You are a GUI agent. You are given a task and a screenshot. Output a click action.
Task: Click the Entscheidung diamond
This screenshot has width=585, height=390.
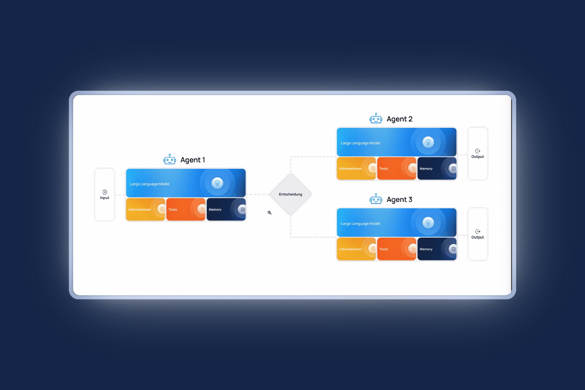[290, 194]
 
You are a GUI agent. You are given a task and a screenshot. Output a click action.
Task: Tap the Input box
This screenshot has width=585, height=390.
[105, 195]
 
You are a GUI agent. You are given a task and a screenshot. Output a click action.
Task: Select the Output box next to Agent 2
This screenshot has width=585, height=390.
[477, 154]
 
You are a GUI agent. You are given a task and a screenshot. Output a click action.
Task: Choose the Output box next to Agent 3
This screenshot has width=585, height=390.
[477, 234]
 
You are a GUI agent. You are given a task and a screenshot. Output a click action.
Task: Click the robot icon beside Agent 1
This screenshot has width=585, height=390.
[169, 159]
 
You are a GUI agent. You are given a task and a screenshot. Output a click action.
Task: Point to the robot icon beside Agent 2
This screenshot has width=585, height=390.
[376, 119]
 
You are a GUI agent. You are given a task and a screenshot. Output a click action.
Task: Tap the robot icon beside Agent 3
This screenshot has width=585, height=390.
[376, 199]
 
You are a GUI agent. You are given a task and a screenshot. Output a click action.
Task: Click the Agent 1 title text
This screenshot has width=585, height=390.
[193, 160]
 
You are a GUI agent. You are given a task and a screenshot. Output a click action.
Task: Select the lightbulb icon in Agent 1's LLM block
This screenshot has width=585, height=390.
[217, 183]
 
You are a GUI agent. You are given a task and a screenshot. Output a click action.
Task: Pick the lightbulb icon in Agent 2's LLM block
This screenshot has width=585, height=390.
[428, 142]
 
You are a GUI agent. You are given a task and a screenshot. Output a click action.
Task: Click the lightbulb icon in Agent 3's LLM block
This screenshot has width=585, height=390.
[428, 222]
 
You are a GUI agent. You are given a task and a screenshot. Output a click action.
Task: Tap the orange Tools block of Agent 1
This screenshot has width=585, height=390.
[186, 209]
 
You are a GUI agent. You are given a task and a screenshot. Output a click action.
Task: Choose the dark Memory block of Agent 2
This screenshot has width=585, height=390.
[437, 168]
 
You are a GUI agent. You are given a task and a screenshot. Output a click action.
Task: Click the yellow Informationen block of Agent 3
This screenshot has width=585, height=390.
[356, 249]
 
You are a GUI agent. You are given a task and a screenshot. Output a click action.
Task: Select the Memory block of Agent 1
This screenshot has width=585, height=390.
[226, 209]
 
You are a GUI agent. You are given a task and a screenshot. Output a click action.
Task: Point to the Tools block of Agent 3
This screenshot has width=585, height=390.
[396, 249]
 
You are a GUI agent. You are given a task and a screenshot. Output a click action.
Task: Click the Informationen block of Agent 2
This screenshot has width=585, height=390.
[356, 168]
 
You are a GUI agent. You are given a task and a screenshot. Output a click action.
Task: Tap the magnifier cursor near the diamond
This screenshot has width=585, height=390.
[269, 212]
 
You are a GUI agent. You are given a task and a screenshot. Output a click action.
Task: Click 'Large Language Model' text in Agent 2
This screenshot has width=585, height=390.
[360, 143]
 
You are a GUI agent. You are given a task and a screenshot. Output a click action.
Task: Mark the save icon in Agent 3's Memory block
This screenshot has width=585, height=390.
[453, 249]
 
